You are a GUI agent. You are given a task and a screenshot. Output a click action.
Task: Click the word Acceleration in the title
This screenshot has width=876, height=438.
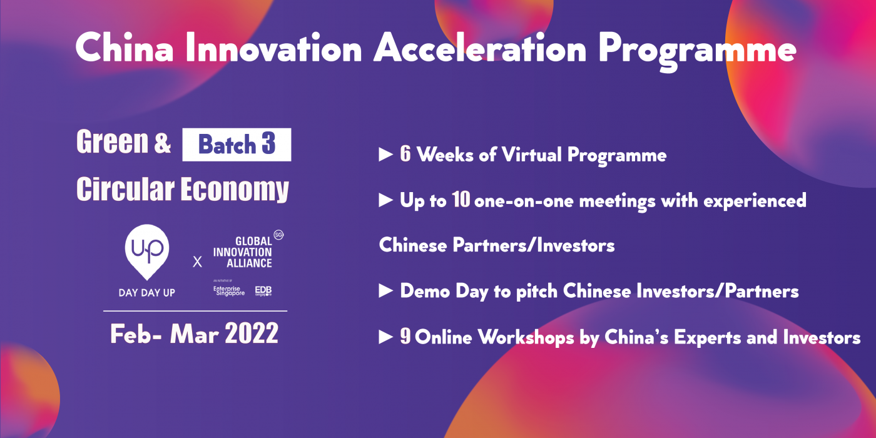[x=480, y=48]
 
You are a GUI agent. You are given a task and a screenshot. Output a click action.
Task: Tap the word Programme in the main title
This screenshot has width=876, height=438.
[x=697, y=51]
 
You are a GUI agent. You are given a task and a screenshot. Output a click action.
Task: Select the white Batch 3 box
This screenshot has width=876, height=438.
[x=237, y=145]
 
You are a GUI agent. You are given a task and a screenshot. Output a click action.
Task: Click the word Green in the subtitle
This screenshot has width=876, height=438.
[x=112, y=141]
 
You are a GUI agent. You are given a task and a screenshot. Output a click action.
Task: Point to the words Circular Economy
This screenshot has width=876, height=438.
[x=183, y=189]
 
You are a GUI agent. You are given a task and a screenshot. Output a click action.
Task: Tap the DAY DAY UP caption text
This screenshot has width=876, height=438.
[x=146, y=293]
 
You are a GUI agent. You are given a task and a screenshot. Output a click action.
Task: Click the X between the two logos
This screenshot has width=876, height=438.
[x=198, y=262]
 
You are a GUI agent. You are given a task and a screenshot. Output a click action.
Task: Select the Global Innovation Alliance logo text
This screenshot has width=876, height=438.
[x=243, y=252]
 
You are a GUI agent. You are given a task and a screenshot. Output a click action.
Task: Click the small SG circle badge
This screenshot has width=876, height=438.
[x=278, y=235]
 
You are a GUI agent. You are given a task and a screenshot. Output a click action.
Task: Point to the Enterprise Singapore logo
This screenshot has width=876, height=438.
[x=229, y=291]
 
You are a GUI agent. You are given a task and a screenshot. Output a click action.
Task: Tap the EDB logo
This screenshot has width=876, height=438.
[x=263, y=290]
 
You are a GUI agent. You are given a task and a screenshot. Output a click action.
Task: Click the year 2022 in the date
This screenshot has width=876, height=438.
[x=252, y=334]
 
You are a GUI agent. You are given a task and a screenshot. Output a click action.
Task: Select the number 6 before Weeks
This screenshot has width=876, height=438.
[x=405, y=154]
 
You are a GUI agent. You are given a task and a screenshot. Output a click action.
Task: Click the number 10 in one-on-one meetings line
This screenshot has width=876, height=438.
[x=461, y=200]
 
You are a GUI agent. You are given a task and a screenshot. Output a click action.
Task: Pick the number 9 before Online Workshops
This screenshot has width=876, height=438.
[x=405, y=337]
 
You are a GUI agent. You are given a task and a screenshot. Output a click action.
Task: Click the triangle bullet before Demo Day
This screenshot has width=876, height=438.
[x=386, y=291]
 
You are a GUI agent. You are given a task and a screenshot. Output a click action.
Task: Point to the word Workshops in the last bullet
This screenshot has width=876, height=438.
[x=525, y=337]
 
